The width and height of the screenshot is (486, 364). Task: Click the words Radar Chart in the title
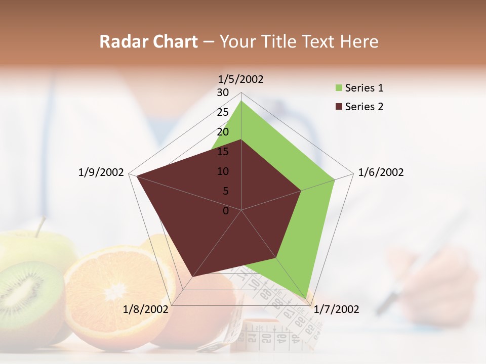tap(148, 41)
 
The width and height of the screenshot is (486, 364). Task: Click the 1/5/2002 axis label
tap(240, 79)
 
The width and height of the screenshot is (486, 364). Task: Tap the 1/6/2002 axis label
tap(381, 172)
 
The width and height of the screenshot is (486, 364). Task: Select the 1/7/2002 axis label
tap(336, 309)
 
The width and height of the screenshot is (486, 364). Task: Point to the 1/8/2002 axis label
tap(146, 309)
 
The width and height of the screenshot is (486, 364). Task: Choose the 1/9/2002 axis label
tap(101, 172)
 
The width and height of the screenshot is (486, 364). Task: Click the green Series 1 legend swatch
tap(338, 88)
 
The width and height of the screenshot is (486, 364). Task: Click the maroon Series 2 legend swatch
tap(338, 107)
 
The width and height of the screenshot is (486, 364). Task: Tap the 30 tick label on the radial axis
tap(223, 93)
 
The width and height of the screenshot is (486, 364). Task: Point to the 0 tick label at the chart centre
tap(226, 211)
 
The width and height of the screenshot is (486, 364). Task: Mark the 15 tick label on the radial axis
tap(223, 152)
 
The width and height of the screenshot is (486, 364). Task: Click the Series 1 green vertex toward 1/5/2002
tap(241, 101)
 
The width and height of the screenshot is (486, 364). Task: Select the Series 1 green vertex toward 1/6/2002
tap(335, 179)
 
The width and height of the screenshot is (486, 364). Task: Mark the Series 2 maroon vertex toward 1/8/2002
tap(192, 277)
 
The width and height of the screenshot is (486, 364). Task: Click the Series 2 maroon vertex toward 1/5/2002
tap(241, 140)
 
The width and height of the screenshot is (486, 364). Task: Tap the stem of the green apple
tap(40, 226)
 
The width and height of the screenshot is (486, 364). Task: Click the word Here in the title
tap(359, 41)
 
